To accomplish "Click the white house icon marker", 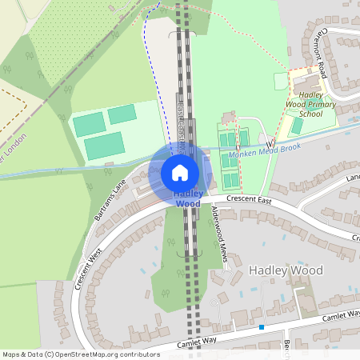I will [180, 173].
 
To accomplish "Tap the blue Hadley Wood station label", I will [187, 198].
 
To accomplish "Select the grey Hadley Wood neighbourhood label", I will [286, 270].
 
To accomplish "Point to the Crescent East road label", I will [250, 200].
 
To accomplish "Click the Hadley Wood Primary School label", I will [304, 104].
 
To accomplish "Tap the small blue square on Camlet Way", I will [262, 326].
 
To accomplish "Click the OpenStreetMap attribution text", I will [81, 354].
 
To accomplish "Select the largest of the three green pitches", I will [105, 146].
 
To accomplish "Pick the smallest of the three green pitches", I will [122, 114].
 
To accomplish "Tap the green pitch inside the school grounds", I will [297, 126].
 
